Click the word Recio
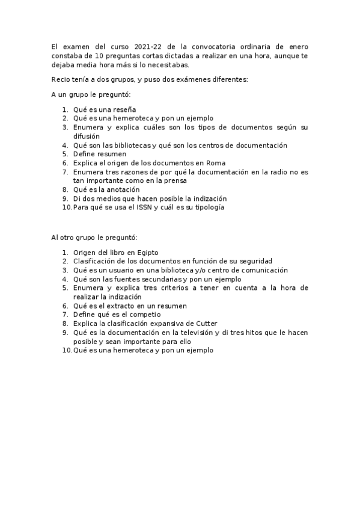click(x=61, y=79)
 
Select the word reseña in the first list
click(x=123, y=109)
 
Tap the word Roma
click(x=216, y=162)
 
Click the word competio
click(x=142, y=315)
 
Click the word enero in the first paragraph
click(x=297, y=47)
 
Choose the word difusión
click(x=87, y=136)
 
